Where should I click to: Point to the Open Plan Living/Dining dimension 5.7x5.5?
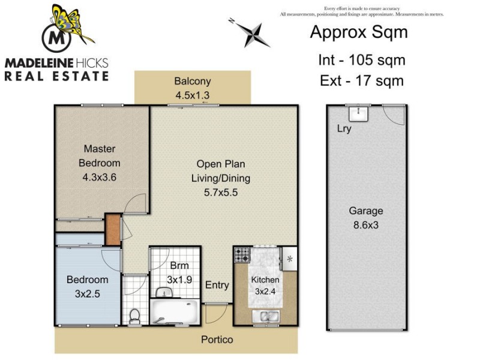click(x=220, y=193)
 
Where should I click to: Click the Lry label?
click(x=344, y=129)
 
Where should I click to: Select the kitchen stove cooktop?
click(x=242, y=255)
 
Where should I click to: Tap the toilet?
click(x=135, y=314)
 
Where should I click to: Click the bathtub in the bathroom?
click(x=173, y=312)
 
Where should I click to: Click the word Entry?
click(x=217, y=286)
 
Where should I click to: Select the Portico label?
click(x=216, y=340)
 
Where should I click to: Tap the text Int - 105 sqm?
click(x=361, y=60)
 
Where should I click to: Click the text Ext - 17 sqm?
click(x=361, y=80)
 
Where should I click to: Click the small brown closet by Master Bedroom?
click(x=112, y=229)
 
